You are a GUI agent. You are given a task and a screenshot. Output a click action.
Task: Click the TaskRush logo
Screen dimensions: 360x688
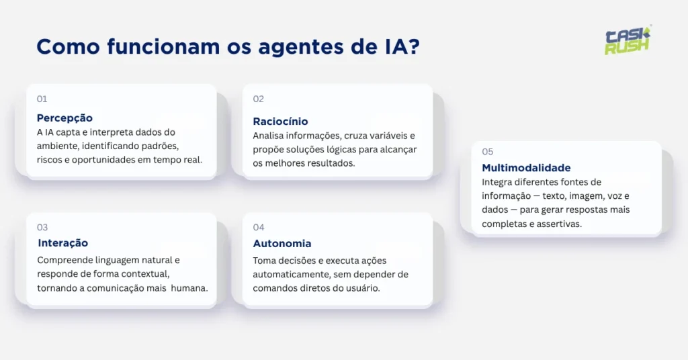(x=628, y=41)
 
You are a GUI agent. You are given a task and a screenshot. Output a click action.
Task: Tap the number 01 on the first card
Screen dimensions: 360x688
(x=42, y=99)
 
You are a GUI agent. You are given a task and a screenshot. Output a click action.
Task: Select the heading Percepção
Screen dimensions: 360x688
(x=64, y=118)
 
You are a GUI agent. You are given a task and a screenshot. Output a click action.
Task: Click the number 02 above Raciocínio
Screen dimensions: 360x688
(x=259, y=99)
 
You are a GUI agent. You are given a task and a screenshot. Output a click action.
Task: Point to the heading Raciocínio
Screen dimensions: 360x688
(x=280, y=122)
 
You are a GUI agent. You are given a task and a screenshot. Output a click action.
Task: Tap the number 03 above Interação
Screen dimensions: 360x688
(x=42, y=228)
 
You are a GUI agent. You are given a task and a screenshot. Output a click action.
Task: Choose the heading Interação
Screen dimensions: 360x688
(x=63, y=243)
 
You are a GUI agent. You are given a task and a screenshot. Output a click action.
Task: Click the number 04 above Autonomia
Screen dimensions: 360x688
(x=259, y=228)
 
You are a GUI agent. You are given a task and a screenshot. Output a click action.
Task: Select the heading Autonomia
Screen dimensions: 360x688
(x=282, y=244)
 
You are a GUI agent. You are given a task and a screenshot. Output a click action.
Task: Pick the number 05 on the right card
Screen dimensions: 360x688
(x=488, y=152)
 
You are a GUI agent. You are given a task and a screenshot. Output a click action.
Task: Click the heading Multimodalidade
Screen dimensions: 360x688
(x=526, y=168)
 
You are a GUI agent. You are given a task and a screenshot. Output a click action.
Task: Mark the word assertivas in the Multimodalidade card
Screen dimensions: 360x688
(x=559, y=224)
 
